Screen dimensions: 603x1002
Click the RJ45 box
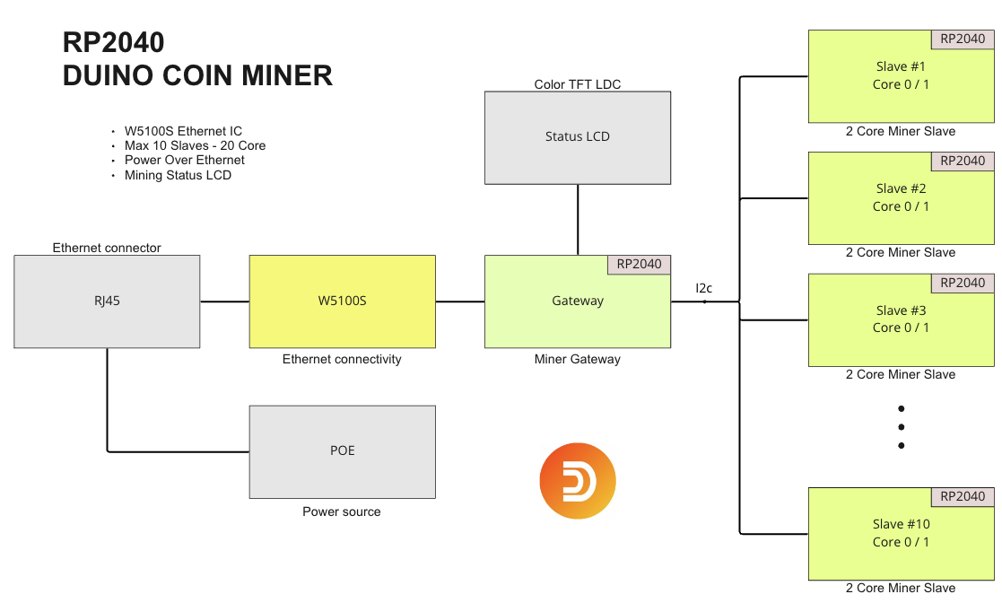107,301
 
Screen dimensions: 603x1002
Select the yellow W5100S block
342,301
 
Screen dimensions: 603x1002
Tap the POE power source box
342,451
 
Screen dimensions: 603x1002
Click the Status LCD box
577,137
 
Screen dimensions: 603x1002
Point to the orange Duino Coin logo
578,481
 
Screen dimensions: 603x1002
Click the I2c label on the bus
704,288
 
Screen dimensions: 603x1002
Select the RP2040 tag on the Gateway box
639,264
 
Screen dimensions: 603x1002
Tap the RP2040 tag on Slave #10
963,496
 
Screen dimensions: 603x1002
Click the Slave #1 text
901,66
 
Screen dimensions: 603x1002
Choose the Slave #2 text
901,188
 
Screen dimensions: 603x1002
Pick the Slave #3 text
901,310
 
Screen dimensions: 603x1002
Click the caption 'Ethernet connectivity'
342,359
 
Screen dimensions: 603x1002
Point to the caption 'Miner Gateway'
577,359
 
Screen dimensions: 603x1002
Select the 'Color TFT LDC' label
577,84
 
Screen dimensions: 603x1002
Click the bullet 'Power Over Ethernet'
184,160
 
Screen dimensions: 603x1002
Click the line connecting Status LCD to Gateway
578,220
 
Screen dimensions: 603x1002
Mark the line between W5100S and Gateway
459,301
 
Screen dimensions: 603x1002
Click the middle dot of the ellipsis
901,427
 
